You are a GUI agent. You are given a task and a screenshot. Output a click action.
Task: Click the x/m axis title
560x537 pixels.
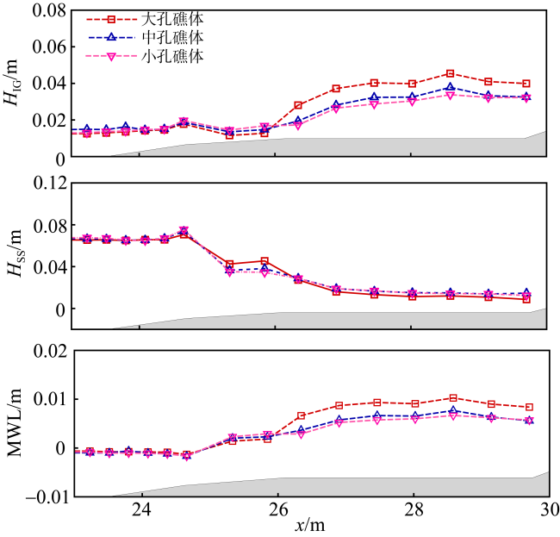[x=309, y=525]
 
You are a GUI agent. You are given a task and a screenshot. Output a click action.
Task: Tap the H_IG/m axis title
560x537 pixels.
[x=15, y=84]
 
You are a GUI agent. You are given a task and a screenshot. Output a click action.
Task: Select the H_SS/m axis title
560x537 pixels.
[x=15, y=255]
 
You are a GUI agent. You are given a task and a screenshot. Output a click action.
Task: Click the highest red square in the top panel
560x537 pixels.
[x=450, y=74]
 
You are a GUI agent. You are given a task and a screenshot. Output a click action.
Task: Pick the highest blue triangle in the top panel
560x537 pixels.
[x=450, y=88]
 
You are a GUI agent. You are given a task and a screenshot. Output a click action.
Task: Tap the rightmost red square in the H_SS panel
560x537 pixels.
[x=526, y=299]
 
